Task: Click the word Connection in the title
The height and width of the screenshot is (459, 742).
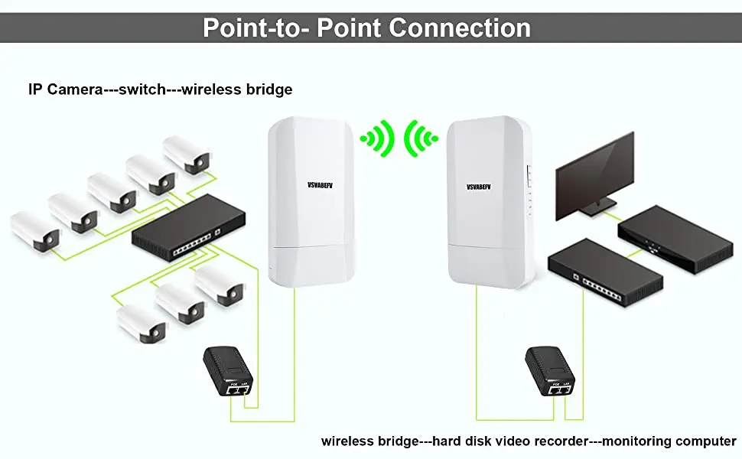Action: point(460,28)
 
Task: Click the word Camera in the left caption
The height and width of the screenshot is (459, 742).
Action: point(75,90)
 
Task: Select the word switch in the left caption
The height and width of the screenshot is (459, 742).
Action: point(142,90)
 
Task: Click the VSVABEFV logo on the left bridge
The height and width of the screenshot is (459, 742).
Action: point(320,185)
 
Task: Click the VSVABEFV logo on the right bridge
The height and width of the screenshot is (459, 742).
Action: point(478,187)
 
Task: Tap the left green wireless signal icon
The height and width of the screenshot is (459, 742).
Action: point(377,138)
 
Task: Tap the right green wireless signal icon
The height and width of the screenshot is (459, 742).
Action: point(421,138)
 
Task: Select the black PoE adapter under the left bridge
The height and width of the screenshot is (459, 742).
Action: point(228,372)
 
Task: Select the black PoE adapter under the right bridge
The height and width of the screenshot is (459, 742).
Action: point(550,372)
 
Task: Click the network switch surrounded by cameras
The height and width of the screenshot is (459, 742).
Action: point(188,228)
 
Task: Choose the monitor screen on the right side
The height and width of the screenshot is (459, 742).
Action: point(594,177)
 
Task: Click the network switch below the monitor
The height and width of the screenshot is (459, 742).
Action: point(605,272)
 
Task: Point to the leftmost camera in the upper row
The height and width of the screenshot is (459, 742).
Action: point(35,231)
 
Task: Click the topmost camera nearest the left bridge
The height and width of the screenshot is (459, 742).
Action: point(187,155)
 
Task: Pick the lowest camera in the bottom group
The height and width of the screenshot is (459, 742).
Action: point(142,324)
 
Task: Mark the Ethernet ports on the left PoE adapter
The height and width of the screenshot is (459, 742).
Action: point(238,390)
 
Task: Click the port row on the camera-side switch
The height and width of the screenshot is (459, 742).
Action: point(193,244)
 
